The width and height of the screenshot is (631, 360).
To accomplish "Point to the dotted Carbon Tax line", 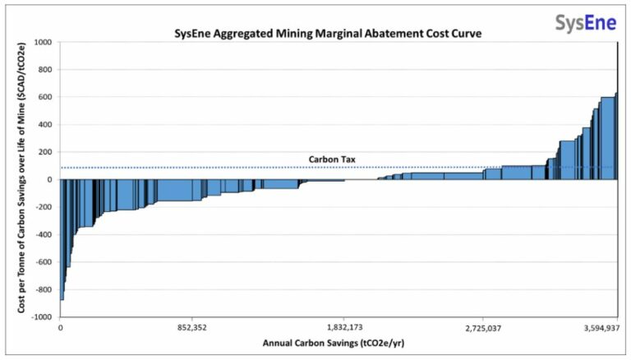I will tap(205, 168).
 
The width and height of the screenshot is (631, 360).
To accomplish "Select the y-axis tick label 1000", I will tap(43, 42).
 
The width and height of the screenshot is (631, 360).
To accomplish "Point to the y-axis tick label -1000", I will tap(41, 316).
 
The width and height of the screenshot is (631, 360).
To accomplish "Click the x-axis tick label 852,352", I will tap(191, 328).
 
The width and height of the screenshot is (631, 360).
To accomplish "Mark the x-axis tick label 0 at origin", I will tap(61, 328).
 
